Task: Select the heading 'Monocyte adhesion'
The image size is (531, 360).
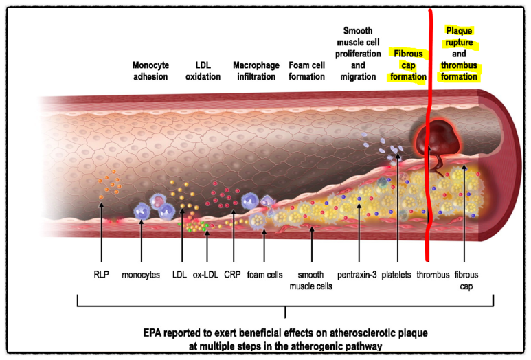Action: point(150,71)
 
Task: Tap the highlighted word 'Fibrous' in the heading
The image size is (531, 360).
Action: point(407,54)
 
